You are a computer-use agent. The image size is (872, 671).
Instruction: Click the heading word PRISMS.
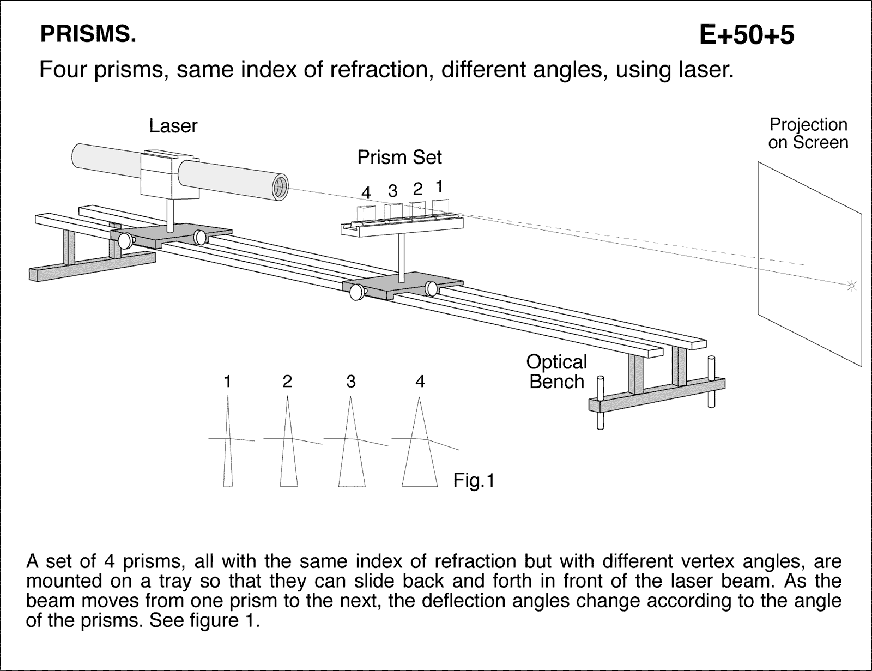click(x=88, y=35)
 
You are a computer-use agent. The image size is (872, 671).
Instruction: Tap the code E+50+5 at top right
click(x=746, y=35)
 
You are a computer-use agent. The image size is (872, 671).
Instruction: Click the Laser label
click(x=173, y=126)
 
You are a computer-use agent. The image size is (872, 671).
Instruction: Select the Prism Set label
click(x=399, y=158)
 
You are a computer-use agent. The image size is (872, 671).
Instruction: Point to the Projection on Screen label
click(x=808, y=134)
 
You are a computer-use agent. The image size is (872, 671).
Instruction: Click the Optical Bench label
click(x=556, y=372)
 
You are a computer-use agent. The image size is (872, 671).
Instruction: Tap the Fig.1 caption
click(x=474, y=481)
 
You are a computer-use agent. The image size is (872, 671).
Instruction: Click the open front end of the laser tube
click(x=280, y=188)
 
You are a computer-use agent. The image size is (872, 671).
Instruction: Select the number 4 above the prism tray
click(x=366, y=193)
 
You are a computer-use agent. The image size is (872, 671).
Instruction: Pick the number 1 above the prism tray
click(x=439, y=186)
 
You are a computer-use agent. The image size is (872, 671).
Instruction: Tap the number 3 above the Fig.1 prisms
click(x=350, y=382)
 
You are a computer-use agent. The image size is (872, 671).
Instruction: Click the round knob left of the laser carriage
click(x=125, y=240)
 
